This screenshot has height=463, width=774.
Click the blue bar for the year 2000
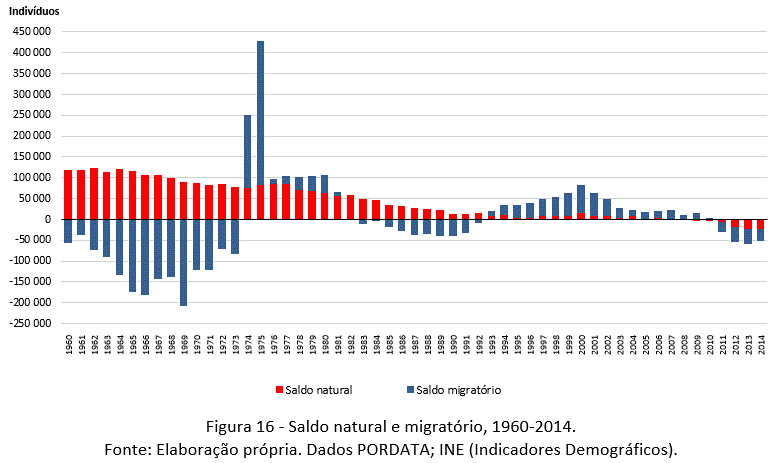581,199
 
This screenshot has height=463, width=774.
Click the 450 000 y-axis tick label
31,31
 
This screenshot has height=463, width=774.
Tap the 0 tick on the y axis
46,219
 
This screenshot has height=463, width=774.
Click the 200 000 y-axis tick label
31,135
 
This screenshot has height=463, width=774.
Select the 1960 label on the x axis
68,344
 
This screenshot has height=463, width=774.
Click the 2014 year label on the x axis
761,344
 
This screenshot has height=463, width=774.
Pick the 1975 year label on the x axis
261,344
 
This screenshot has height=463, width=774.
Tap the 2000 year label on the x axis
581,344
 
